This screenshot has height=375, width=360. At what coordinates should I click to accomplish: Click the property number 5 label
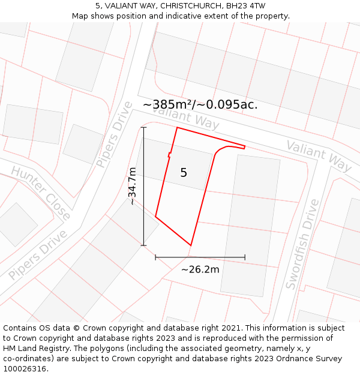click(x=184, y=173)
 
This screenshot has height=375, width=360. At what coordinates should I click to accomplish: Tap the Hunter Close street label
click(x=40, y=193)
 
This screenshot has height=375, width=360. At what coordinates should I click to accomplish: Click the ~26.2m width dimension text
click(x=200, y=269)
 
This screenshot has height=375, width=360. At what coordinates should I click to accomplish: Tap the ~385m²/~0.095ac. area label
click(x=200, y=104)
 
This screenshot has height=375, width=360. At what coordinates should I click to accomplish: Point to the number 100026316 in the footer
click(x=25, y=368)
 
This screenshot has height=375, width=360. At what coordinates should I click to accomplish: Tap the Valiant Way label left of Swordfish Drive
click(x=319, y=155)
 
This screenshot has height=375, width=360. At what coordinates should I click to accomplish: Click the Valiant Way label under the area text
click(x=185, y=116)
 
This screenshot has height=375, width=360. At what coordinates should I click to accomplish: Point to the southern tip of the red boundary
click(x=191, y=245)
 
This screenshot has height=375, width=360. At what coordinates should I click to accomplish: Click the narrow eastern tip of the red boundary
click(x=245, y=146)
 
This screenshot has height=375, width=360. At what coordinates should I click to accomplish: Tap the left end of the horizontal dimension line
click(x=155, y=257)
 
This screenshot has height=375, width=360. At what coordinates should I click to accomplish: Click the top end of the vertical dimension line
click(x=143, y=127)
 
